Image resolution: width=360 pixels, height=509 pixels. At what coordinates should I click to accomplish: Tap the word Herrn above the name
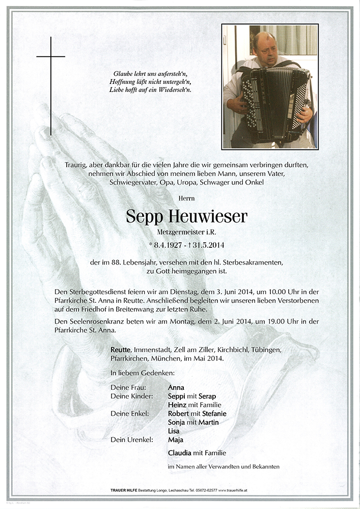pyautogui.click(x=186, y=197)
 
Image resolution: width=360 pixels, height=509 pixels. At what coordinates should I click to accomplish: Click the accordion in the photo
pyautogui.click(x=274, y=105)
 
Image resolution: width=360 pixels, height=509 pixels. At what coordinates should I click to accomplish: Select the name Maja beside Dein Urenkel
pyautogui.click(x=176, y=439)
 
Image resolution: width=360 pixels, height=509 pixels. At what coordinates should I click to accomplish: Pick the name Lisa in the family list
pyautogui.click(x=174, y=431)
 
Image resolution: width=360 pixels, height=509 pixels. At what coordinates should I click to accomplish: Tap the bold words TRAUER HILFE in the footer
pyautogui.click(x=125, y=490)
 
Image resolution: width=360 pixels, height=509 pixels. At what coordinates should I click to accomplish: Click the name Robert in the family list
pyautogui.click(x=179, y=413)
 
